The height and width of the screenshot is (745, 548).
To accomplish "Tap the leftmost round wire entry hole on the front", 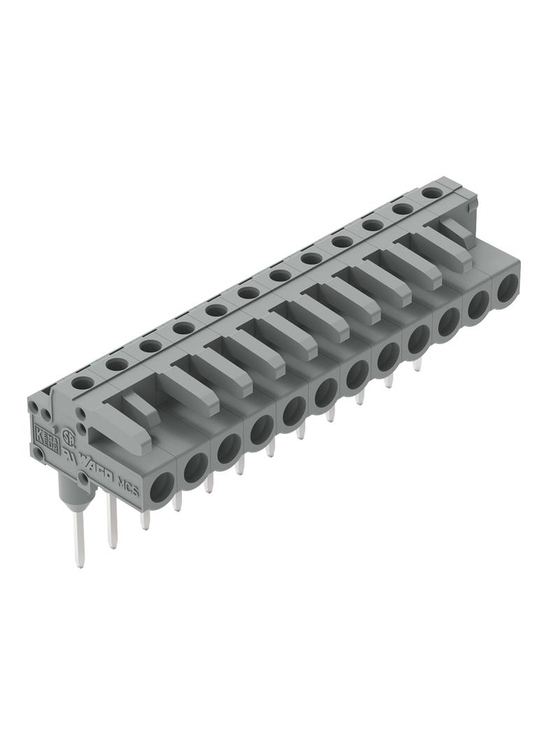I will click(x=163, y=484).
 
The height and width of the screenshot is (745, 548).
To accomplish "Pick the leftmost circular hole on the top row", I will click(x=83, y=382).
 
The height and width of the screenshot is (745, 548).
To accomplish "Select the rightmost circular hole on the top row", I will click(x=433, y=191).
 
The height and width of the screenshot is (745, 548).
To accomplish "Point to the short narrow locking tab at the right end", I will click(x=455, y=231).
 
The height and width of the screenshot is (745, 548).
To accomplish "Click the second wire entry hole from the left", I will click(x=195, y=466).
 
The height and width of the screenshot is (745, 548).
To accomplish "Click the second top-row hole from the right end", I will click(x=402, y=208).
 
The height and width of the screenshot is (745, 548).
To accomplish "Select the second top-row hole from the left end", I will click(x=116, y=363).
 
